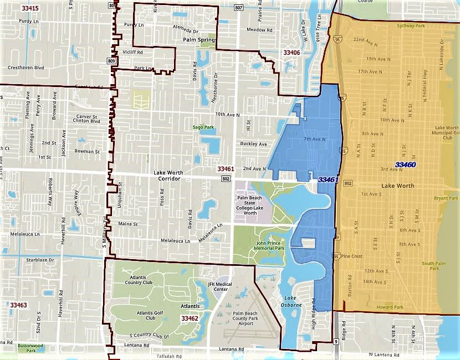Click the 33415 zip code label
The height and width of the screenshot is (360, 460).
(x=29, y=8)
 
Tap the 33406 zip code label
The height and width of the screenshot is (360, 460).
(x=292, y=53)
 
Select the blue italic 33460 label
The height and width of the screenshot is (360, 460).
(x=406, y=164)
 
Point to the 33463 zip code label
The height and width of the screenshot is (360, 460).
(x=18, y=305)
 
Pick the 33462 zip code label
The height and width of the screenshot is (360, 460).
(x=190, y=318)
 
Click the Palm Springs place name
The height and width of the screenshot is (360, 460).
(x=198, y=40)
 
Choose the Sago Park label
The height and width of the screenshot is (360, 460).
(x=203, y=127)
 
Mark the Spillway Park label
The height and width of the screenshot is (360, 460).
(x=410, y=25)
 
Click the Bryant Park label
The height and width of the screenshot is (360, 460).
(x=446, y=198)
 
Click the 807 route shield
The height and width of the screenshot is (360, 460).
(x=238, y=8)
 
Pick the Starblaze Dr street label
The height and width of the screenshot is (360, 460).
(x=42, y=259)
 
